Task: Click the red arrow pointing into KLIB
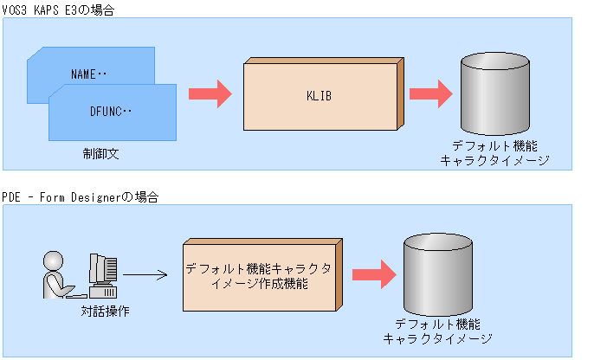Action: [x=210, y=93]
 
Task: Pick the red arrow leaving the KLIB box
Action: [x=432, y=93]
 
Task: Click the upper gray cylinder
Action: [x=494, y=93]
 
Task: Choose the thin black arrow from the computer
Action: [x=145, y=277]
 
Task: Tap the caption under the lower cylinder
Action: [x=437, y=331]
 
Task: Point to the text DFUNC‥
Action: [x=111, y=112]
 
